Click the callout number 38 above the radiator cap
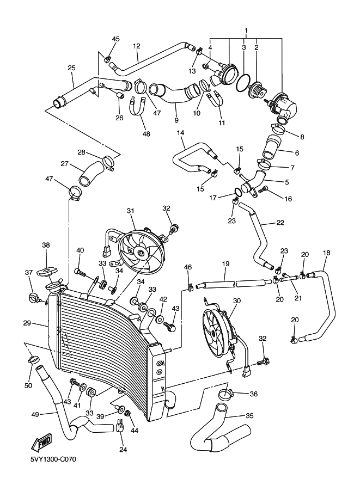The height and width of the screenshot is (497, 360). click(46, 246)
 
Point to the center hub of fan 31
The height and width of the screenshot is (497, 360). click(141, 252)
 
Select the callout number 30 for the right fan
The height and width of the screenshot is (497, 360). click(236, 300)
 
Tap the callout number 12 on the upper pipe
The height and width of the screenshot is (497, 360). click(136, 46)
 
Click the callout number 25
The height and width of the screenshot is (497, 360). click(71, 68)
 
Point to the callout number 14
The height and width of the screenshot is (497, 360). click(180, 133)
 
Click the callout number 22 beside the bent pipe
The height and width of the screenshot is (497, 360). click(280, 222)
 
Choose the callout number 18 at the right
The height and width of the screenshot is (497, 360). click(327, 253)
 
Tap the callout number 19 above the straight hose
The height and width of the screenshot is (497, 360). click(225, 263)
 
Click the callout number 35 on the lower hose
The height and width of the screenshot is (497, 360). click(249, 416)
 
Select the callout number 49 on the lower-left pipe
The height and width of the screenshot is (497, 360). click(35, 414)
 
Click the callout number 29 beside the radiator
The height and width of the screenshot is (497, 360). click(27, 323)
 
